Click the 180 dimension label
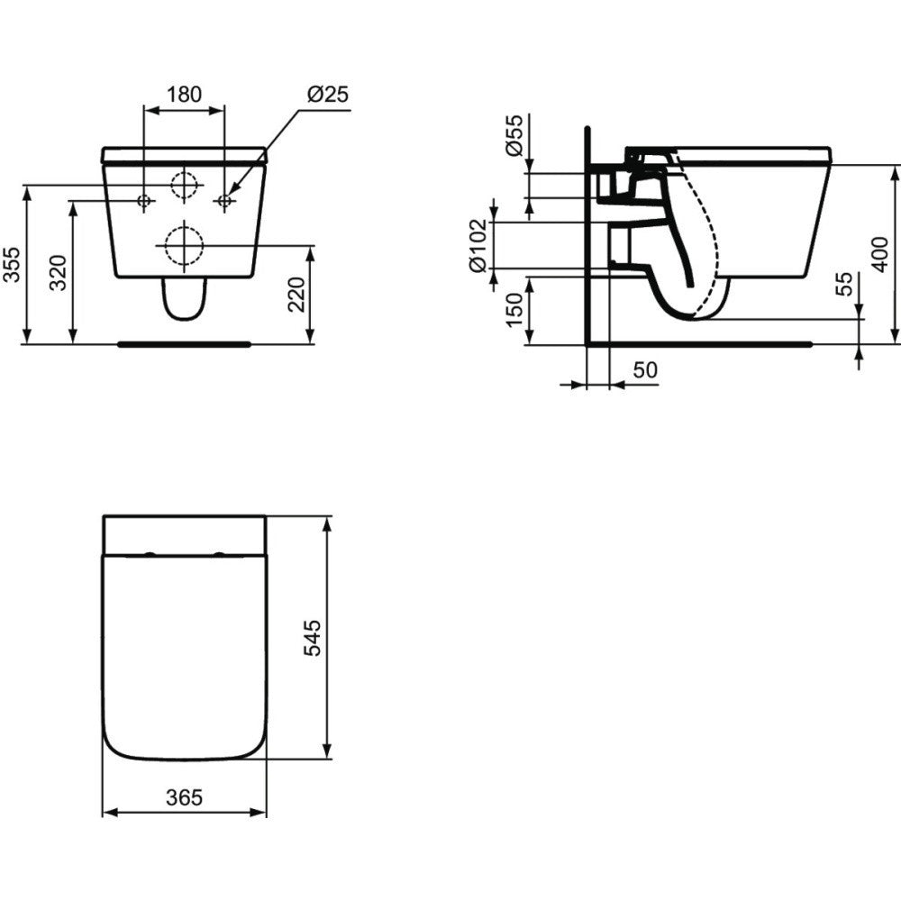click(x=184, y=94)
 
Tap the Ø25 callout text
click(x=327, y=94)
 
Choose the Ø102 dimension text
click(x=478, y=244)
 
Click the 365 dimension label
click(x=184, y=796)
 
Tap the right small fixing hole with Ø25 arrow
click(x=224, y=200)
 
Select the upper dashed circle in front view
click(x=184, y=185)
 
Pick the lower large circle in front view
click(x=184, y=244)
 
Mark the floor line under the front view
click(x=184, y=343)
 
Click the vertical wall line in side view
click(x=587, y=234)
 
